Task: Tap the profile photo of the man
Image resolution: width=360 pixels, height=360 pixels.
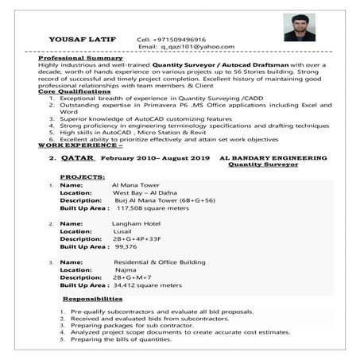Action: [x=299, y=26]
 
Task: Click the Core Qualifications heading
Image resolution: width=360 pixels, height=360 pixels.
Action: [x=73, y=92]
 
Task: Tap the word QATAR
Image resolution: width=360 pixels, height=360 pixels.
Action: [x=79, y=159]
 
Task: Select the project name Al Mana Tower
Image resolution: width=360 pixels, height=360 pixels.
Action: [x=136, y=185]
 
